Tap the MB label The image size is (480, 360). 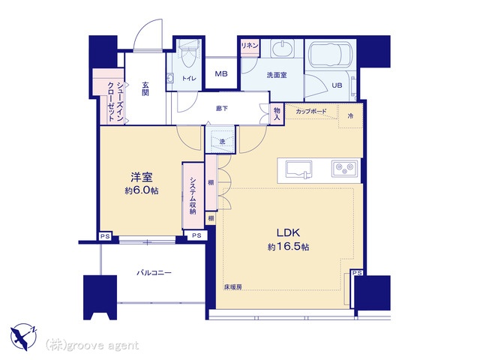click(221, 73)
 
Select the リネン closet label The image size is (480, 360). click(250, 46)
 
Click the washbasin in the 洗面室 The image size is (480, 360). click(283, 48)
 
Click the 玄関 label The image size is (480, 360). click(145, 88)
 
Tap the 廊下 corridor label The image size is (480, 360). click(222, 108)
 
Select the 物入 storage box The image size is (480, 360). click(277, 114)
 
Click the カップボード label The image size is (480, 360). click(311, 112)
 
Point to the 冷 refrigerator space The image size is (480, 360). click(351, 115)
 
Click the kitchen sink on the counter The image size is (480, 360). click(298, 169)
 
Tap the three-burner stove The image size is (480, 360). click(345, 168)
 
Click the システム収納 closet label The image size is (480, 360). click(193, 196)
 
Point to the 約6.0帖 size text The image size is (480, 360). click(142, 190)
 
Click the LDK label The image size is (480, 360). click(288, 233)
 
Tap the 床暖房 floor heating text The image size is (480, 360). click(233, 286)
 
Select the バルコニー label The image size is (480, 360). click(154, 272)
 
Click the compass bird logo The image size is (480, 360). click(23, 337)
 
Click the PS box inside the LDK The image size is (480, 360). click(357, 273)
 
